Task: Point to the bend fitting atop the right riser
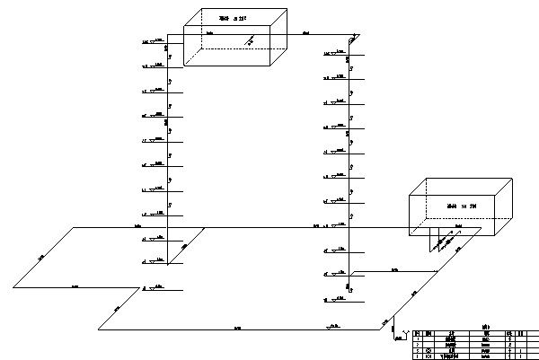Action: coord(354,39)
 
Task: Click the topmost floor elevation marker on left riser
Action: coord(159,41)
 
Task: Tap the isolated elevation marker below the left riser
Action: coord(156,287)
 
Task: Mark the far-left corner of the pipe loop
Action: coord(13,288)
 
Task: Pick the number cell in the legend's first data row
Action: coord(416,338)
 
